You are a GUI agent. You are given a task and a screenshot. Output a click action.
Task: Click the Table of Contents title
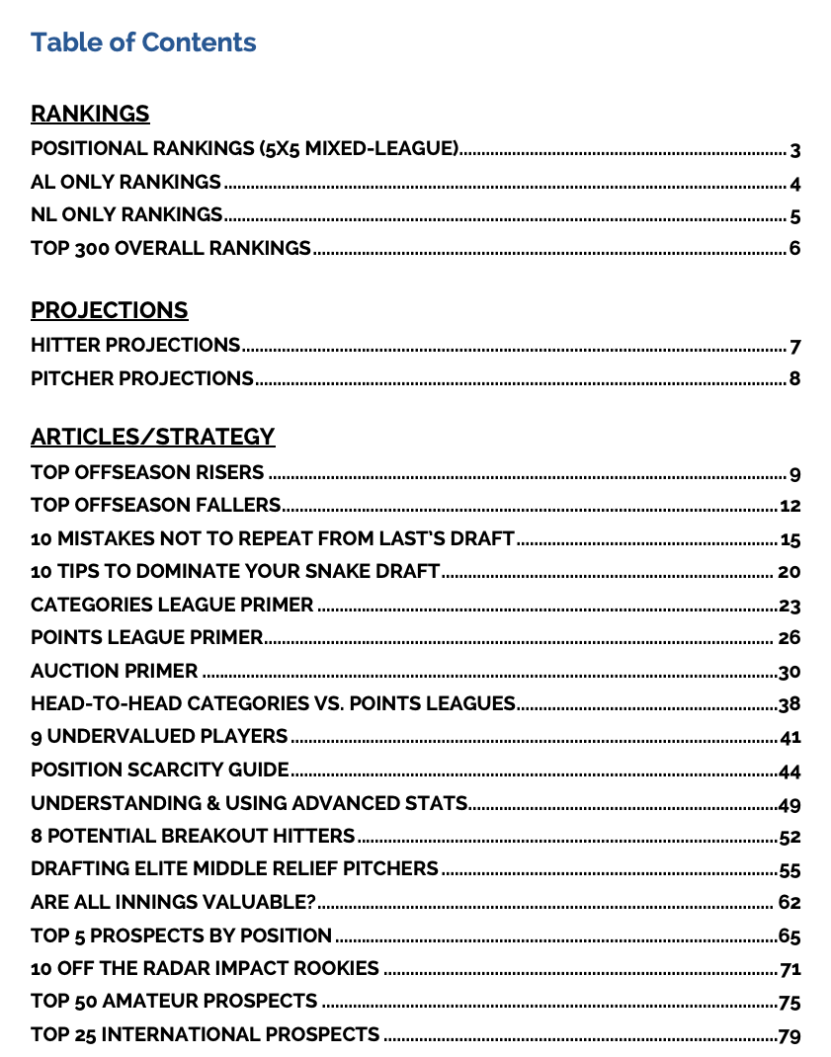(143, 42)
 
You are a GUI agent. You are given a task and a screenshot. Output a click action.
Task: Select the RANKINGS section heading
(90, 114)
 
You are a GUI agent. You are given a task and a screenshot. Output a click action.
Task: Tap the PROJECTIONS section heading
(109, 310)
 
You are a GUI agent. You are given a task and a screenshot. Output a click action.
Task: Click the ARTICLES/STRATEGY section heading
(152, 437)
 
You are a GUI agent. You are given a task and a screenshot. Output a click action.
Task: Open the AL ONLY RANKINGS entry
(125, 183)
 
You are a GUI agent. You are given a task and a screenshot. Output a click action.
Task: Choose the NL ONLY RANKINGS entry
(126, 215)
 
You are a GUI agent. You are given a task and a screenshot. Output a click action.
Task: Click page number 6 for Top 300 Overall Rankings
(794, 249)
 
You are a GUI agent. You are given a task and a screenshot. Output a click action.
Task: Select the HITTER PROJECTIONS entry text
(135, 346)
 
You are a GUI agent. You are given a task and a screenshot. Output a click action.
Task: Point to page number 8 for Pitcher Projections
(794, 379)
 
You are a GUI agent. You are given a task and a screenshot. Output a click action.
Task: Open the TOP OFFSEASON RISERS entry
(147, 472)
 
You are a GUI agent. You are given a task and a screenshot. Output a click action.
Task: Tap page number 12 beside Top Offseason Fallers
(789, 507)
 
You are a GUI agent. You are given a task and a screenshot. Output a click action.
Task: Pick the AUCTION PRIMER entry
(114, 672)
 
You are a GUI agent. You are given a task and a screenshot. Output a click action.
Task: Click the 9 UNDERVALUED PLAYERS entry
(159, 737)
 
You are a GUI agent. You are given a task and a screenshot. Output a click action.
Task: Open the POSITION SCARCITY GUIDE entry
(159, 770)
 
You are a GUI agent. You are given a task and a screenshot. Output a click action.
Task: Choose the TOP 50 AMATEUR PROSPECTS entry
(174, 1002)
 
